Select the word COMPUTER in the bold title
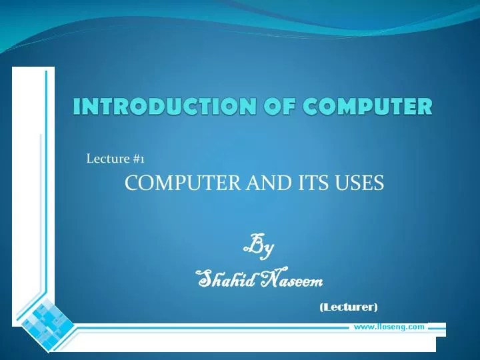pyautogui.click(x=364, y=106)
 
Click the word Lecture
pyautogui.click(x=109, y=159)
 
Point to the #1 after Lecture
pyautogui.click(x=139, y=159)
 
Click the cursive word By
pyautogui.click(x=258, y=247)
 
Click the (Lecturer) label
pyautogui.click(x=348, y=307)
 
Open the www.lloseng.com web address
pyautogui.click(x=389, y=327)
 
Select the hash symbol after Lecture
pyautogui.click(x=136, y=159)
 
